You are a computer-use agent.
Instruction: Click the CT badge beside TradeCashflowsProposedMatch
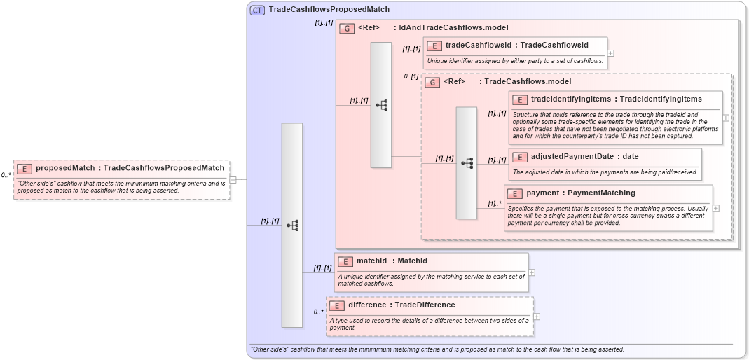[x=257, y=10]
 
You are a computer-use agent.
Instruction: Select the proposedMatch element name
[x=65, y=168]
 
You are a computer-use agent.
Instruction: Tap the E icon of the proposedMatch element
[x=25, y=168]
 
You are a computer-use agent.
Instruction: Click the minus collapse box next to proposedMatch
[x=233, y=179]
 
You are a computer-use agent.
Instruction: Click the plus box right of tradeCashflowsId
[x=611, y=53]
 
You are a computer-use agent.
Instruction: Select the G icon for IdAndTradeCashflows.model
[x=346, y=29]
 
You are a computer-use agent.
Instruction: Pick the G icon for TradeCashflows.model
[x=432, y=82]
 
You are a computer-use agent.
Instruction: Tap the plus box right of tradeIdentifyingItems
[x=726, y=118]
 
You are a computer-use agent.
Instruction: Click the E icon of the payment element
[x=515, y=193]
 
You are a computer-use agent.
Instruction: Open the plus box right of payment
[x=716, y=208]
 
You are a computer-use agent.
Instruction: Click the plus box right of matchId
[x=532, y=272]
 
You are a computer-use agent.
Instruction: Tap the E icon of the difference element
[x=337, y=305]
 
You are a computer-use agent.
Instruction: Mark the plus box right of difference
[x=537, y=316]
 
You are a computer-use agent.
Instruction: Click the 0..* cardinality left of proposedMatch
[x=6, y=175]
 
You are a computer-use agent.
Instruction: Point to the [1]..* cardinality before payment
[x=495, y=204]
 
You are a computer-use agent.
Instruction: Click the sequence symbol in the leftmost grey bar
[x=293, y=226]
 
